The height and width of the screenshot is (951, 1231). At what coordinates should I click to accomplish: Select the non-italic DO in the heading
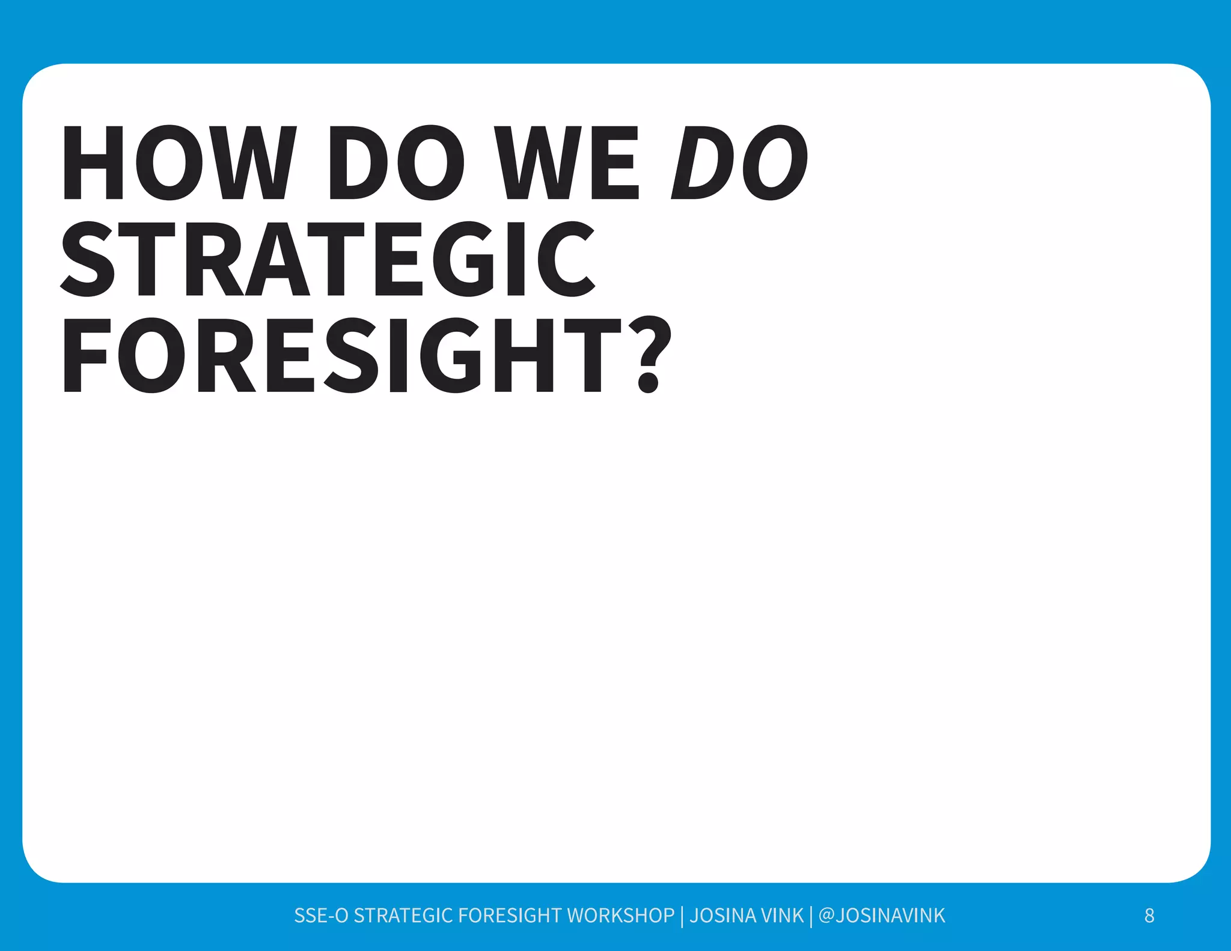397,163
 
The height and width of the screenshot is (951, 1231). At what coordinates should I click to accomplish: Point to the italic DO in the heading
740,163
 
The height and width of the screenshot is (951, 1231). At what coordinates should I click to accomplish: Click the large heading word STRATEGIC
328,259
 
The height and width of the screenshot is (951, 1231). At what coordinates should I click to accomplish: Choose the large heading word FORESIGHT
342,355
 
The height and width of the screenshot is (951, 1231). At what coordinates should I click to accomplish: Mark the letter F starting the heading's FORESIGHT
85,355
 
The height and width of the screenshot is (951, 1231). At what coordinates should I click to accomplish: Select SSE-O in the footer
321,916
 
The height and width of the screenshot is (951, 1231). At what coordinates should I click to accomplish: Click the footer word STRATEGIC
403,916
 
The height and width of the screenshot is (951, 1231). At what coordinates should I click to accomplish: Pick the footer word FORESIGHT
510,916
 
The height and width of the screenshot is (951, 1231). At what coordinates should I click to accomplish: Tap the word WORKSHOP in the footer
621,916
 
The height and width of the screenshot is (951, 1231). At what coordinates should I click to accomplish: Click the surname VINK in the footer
782,916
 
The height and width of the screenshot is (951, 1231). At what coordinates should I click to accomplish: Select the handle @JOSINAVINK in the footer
882,916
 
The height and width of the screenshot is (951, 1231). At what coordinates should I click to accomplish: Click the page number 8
1149,916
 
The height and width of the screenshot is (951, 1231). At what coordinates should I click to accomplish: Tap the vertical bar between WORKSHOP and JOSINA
682,916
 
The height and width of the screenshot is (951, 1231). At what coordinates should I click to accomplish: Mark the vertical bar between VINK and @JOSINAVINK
811,916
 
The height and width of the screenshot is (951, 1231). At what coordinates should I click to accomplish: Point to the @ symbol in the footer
826,916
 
